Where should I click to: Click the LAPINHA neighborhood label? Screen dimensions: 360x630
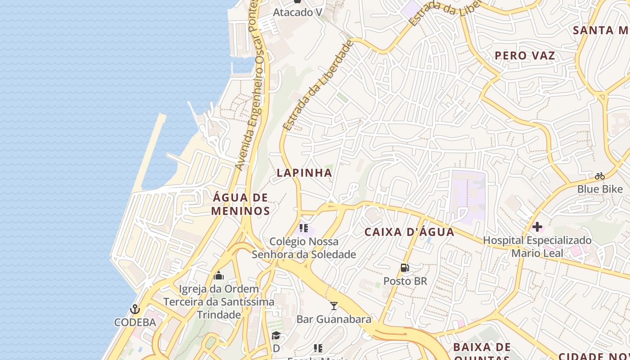pyautogui.click(x=304, y=173)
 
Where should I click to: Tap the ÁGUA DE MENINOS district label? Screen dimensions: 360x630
pyautogui.click(x=240, y=204)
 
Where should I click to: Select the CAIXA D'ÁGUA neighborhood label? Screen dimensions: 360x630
pyautogui.click(x=409, y=232)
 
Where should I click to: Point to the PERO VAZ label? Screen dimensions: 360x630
pyautogui.click(x=525, y=56)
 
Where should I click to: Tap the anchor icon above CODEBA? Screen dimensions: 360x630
pyautogui.click(x=135, y=310)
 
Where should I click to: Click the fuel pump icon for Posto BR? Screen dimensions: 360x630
pyautogui.click(x=405, y=268)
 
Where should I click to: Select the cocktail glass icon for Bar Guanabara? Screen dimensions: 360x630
pyautogui.click(x=333, y=306)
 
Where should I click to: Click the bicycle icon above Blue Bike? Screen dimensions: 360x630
pyautogui.click(x=599, y=176)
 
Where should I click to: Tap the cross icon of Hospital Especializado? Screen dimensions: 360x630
pyautogui.click(x=537, y=227)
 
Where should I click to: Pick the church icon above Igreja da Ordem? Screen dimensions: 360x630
pyautogui.click(x=219, y=275)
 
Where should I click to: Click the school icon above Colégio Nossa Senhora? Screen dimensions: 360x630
pyautogui.click(x=304, y=228)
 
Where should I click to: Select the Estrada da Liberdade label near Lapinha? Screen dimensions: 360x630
pyautogui.click(x=318, y=85)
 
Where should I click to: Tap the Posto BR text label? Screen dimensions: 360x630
pyautogui.click(x=405, y=281)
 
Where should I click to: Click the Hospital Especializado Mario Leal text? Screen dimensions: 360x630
pyautogui.click(x=537, y=247)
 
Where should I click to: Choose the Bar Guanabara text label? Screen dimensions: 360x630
pyautogui.click(x=334, y=319)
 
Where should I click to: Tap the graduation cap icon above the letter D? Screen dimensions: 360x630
pyautogui.click(x=276, y=336)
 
